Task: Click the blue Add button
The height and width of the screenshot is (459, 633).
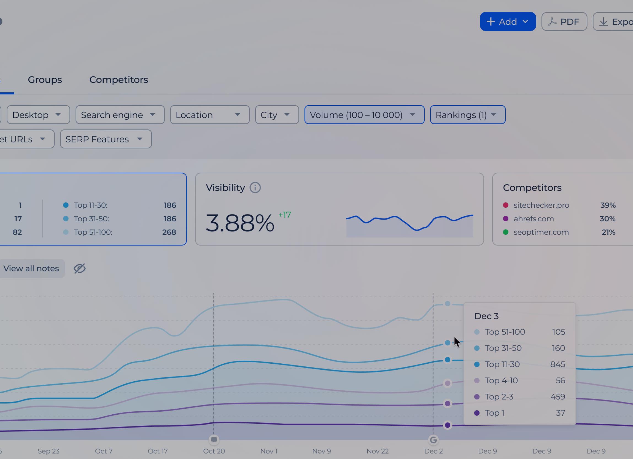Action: coord(507,21)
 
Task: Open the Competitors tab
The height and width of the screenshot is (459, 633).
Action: coord(118,80)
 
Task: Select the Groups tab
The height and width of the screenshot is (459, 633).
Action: coord(45,80)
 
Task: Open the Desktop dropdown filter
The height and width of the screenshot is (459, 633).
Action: coord(38,115)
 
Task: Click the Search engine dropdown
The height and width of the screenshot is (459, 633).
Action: coord(120,115)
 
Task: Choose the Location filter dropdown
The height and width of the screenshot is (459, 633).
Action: coord(210,115)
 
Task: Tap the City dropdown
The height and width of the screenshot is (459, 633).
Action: coord(277,115)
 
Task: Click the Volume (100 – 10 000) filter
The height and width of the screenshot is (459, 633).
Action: coord(364,115)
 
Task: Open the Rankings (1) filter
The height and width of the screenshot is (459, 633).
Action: coord(467,115)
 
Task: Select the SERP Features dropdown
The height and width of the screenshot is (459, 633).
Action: coord(106,139)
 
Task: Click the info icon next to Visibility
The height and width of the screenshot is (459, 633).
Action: coord(255,188)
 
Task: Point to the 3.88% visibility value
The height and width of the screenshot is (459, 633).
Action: coord(240,223)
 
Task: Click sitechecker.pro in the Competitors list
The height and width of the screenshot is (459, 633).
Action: coord(541,205)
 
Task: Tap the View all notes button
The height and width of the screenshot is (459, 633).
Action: coord(31,268)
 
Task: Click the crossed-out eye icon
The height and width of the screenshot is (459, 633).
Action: coord(80,268)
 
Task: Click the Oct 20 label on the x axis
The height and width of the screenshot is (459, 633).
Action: coord(214,451)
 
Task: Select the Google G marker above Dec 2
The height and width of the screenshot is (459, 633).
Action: coord(433,440)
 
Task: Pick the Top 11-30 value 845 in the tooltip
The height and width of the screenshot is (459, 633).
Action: coord(557,364)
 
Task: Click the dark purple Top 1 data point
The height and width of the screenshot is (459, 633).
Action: coord(447,425)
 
